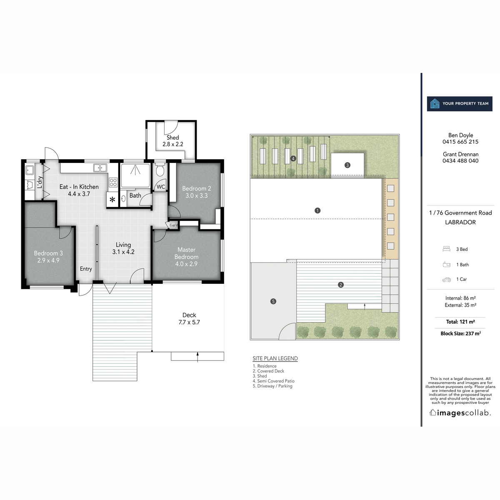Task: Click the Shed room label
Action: pyautogui.click(x=172, y=137)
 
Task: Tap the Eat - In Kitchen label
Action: pyautogui.click(x=79, y=187)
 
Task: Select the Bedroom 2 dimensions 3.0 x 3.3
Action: pyautogui.click(x=197, y=195)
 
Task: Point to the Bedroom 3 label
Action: pyautogui.click(x=48, y=253)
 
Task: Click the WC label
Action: pyautogui.click(x=161, y=187)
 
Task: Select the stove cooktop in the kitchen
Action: pyautogui.click(x=113, y=182)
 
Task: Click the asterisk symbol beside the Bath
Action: pyautogui.click(x=112, y=200)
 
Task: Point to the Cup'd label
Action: pyautogui.click(x=173, y=225)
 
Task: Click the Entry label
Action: pyautogui.click(x=86, y=269)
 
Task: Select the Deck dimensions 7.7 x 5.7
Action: pyautogui.click(x=189, y=322)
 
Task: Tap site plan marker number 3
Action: pyautogui.click(x=347, y=165)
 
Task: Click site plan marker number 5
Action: pyautogui.click(x=273, y=301)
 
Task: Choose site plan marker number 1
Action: pyautogui.click(x=317, y=210)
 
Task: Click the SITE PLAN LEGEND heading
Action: pyautogui.click(x=275, y=358)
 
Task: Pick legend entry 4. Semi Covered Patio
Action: pyautogui.click(x=273, y=381)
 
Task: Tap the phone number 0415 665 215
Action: pyautogui.click(x=460, y=142)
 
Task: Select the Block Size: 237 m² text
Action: pyautogui.click(x=460, y=333)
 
